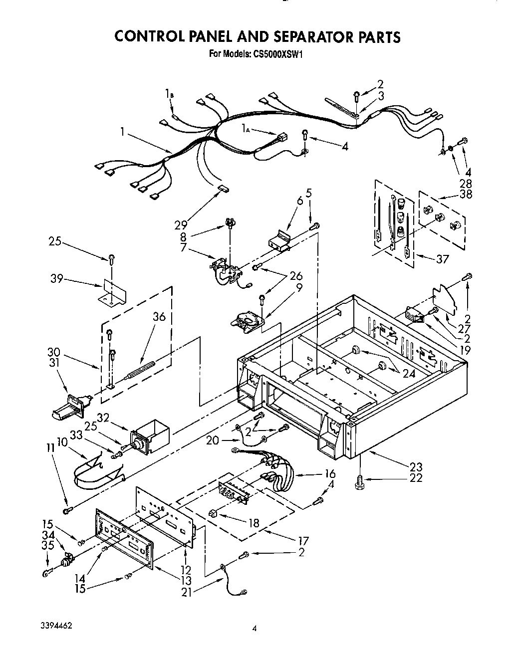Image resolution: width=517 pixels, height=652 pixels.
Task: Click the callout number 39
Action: [57, 279]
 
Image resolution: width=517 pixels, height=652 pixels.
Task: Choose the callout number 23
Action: [415, 467]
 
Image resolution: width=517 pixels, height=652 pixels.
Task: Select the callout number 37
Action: [442, 258]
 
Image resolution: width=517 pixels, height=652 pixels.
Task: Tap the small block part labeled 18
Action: [213, 512]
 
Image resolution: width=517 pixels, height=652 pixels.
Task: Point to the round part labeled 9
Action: [247, 320]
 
